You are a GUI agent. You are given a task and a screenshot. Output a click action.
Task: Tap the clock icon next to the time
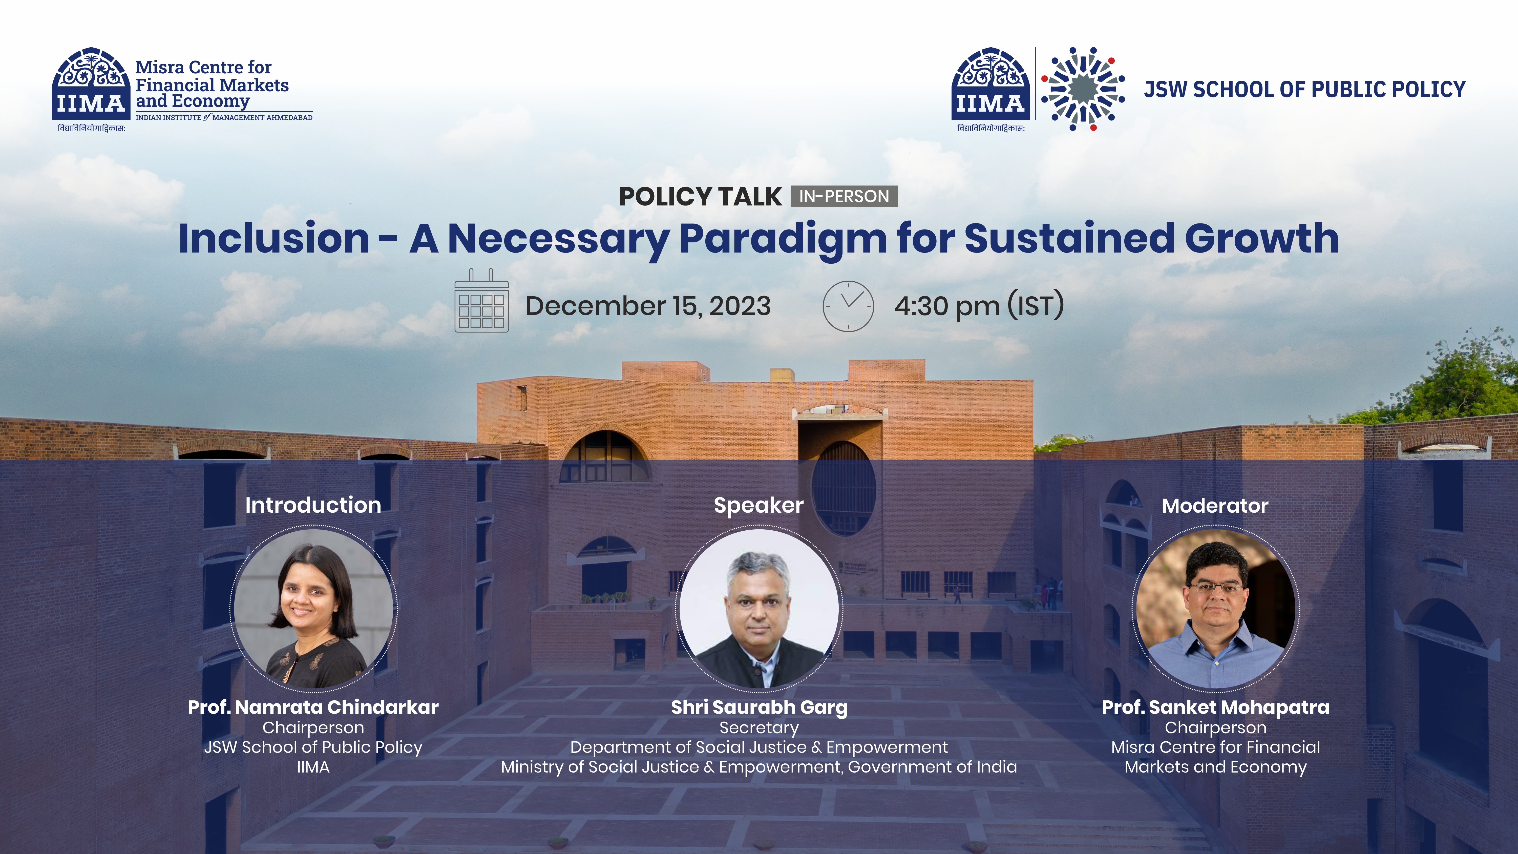tap(848, 306)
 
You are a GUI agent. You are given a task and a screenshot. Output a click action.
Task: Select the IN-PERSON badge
tap(844, 196)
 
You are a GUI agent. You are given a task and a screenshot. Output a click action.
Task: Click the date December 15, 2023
tap(648, 306)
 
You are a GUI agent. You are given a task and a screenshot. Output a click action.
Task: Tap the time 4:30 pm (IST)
tap(979, 306)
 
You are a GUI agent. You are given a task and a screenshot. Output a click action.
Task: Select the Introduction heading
tap(313, 505)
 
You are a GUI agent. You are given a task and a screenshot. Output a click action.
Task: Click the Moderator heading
tap(1215, 506)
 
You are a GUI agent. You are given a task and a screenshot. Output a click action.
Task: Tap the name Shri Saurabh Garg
tap(759, 707)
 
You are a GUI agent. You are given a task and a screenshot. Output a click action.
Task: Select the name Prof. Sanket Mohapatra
tap(1216, 707)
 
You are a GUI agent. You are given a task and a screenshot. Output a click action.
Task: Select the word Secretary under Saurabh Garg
tap(759, 728)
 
